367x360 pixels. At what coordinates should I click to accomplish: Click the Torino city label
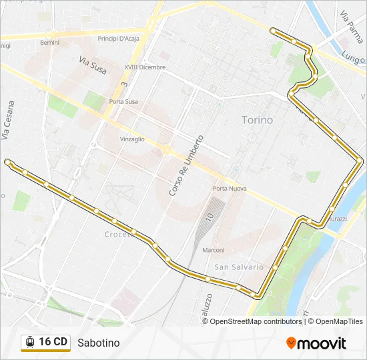[x=257, y=120]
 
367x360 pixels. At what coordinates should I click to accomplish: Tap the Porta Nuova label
[x=230, y=189]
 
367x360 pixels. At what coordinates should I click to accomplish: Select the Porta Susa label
[x=123, y=101]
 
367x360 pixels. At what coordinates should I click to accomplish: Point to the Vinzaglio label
[x=131, y=139]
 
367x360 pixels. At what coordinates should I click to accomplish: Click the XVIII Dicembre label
[x=144, y=67]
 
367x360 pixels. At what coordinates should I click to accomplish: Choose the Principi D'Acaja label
[x=117, y=39]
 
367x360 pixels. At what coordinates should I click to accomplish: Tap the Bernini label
[x=49, y=42]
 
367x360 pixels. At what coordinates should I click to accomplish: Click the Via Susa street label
[x=93, y=65]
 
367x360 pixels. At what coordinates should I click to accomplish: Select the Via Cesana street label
[x=7, y=120]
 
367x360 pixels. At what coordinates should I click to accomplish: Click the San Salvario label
[x=235, y=267]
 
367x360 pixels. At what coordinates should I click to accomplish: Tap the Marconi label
[x=213, y=250]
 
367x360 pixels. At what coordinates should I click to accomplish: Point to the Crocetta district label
[x=117, y=235]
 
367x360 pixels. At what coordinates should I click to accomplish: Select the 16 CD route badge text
[x=53, y=342]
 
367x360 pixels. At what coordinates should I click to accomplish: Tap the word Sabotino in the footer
[x=98, y=343]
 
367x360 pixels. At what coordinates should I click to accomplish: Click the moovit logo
[x=316, y=343]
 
